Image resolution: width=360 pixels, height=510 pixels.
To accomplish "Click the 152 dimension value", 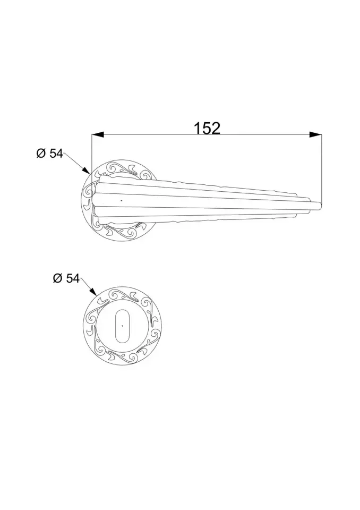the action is pyautogui.click(x=207, y=128).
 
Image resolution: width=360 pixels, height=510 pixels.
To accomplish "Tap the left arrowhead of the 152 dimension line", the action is pyautogui.click(x=98, y=134).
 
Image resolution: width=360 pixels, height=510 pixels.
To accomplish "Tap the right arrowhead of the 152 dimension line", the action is pyautogui.click(x=315, y=134).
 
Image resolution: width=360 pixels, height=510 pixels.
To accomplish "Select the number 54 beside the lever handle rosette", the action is pyautogui.click(x=56, y=154).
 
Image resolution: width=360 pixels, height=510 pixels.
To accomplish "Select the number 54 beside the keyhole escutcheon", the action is pyautogui.click(x=73, y=278).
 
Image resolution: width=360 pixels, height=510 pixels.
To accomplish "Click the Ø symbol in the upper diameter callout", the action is pyautogui.click(x=41, y=154).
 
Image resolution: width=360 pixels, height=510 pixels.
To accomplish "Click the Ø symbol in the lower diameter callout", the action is pyautogui.click(x=57, y=278).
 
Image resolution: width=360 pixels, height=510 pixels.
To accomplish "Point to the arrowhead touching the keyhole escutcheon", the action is pyautogui.click(x=92, y=292).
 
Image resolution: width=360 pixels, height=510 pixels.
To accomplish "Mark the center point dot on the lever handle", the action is pyautogui.click(x=121, y=201).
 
